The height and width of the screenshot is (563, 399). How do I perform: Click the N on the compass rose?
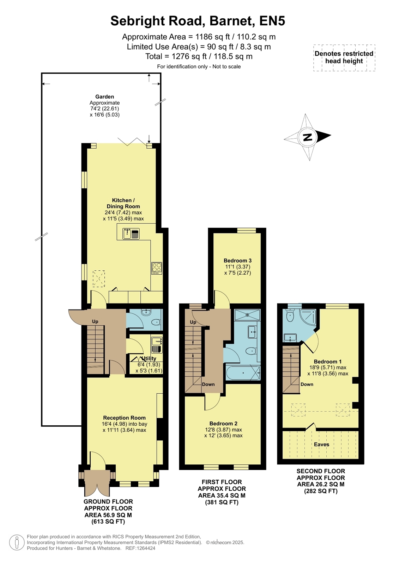pyautogui.click(x=308, y=137)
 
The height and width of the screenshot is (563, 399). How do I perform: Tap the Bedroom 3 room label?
pyautogui.click(x=237, y=261)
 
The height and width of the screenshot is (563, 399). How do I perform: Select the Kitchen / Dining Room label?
pyautogui.click(x=123, y=203)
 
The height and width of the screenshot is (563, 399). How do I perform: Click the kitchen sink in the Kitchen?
pyautogui.click(x=131, y=234)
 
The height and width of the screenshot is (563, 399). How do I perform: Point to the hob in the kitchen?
pyautogui.click(x=157, y=268)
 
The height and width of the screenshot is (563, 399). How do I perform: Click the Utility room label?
pyautogui.click(x=149, y=358)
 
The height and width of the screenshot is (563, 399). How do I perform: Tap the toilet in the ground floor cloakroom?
pyautogui.click(x=156, y=322)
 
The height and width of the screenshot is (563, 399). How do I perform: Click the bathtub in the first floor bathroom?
pyautogui.click(x=243, y=373)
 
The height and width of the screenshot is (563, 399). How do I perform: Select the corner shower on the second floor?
pyautogui.click(x=308, y=317)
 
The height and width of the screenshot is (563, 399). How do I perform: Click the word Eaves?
pyautogui.click(x=321, y=444)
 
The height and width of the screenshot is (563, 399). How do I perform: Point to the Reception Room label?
pyautogui.click(x=124, y=418)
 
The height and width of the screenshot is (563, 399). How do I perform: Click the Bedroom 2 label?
pyautogui.click(x=223, y=424)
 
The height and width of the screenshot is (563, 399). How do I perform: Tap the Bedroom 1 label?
pyautogui.click(x=328, y=362)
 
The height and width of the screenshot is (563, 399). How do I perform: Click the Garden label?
pyautogui.click(x=104, y=96)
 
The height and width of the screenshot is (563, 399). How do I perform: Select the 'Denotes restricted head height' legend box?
pyautogui.click(x=344, y=57)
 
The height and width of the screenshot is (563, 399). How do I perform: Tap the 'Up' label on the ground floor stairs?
pyautogui.click(x=95, y=321)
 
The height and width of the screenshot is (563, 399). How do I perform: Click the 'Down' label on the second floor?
pyautogui.click(x=307, y=384)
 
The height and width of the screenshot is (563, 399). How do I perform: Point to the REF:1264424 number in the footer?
pyautogui.click(x=140, y=548)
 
